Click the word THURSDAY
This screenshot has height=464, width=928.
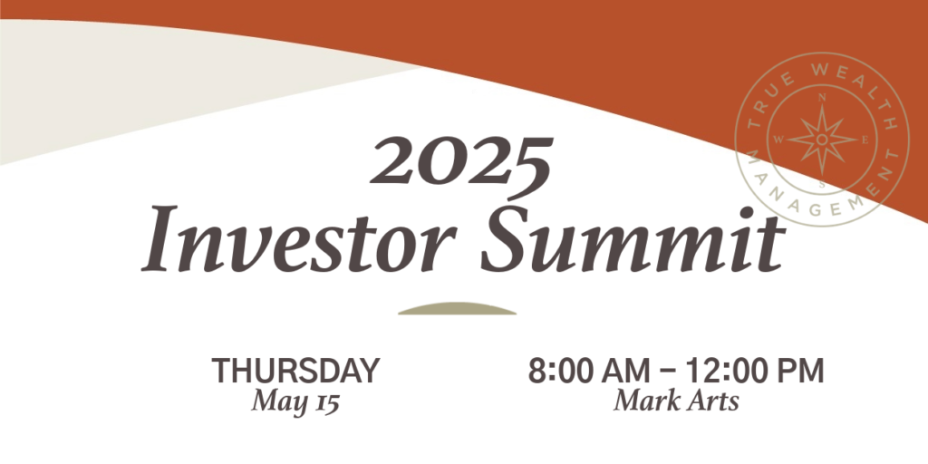click(295, 371)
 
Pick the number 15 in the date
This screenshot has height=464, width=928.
click(326, 403)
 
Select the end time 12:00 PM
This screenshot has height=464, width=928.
click(755, 371)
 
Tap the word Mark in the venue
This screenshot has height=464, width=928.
click(643, 401)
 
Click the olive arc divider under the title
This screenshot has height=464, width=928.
click(457, 308)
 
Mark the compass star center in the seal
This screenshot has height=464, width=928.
click(822, 139)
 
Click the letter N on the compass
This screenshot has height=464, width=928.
click(822, 98)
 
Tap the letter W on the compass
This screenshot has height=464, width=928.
click(778, 140)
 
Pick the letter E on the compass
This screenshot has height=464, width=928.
click(865, 140)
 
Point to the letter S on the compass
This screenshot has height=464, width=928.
click(822, 183)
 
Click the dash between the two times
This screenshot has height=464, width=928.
click(668, 372)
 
